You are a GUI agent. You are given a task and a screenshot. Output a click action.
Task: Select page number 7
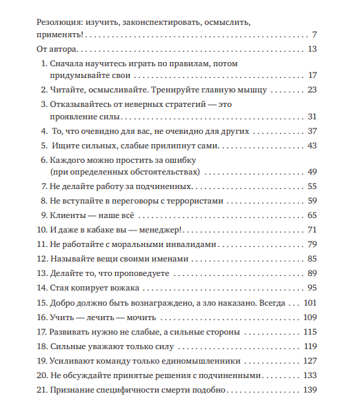pos(313,34)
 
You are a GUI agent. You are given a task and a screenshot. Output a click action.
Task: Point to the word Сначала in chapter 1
pos(66,63)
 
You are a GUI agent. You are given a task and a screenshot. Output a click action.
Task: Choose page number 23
pos(311,90)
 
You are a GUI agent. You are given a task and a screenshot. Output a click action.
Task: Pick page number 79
pos(311,244)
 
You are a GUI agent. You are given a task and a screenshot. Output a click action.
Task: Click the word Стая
pos(60,288)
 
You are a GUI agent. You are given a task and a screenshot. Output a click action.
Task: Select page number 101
pos(310,302)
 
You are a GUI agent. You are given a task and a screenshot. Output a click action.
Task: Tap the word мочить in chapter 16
pos(142,317)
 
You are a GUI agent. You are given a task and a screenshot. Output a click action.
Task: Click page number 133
pos(310,375)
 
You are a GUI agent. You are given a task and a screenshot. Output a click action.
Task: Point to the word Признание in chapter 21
pos(73,391)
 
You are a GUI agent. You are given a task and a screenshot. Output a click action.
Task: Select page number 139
pos(310,391)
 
